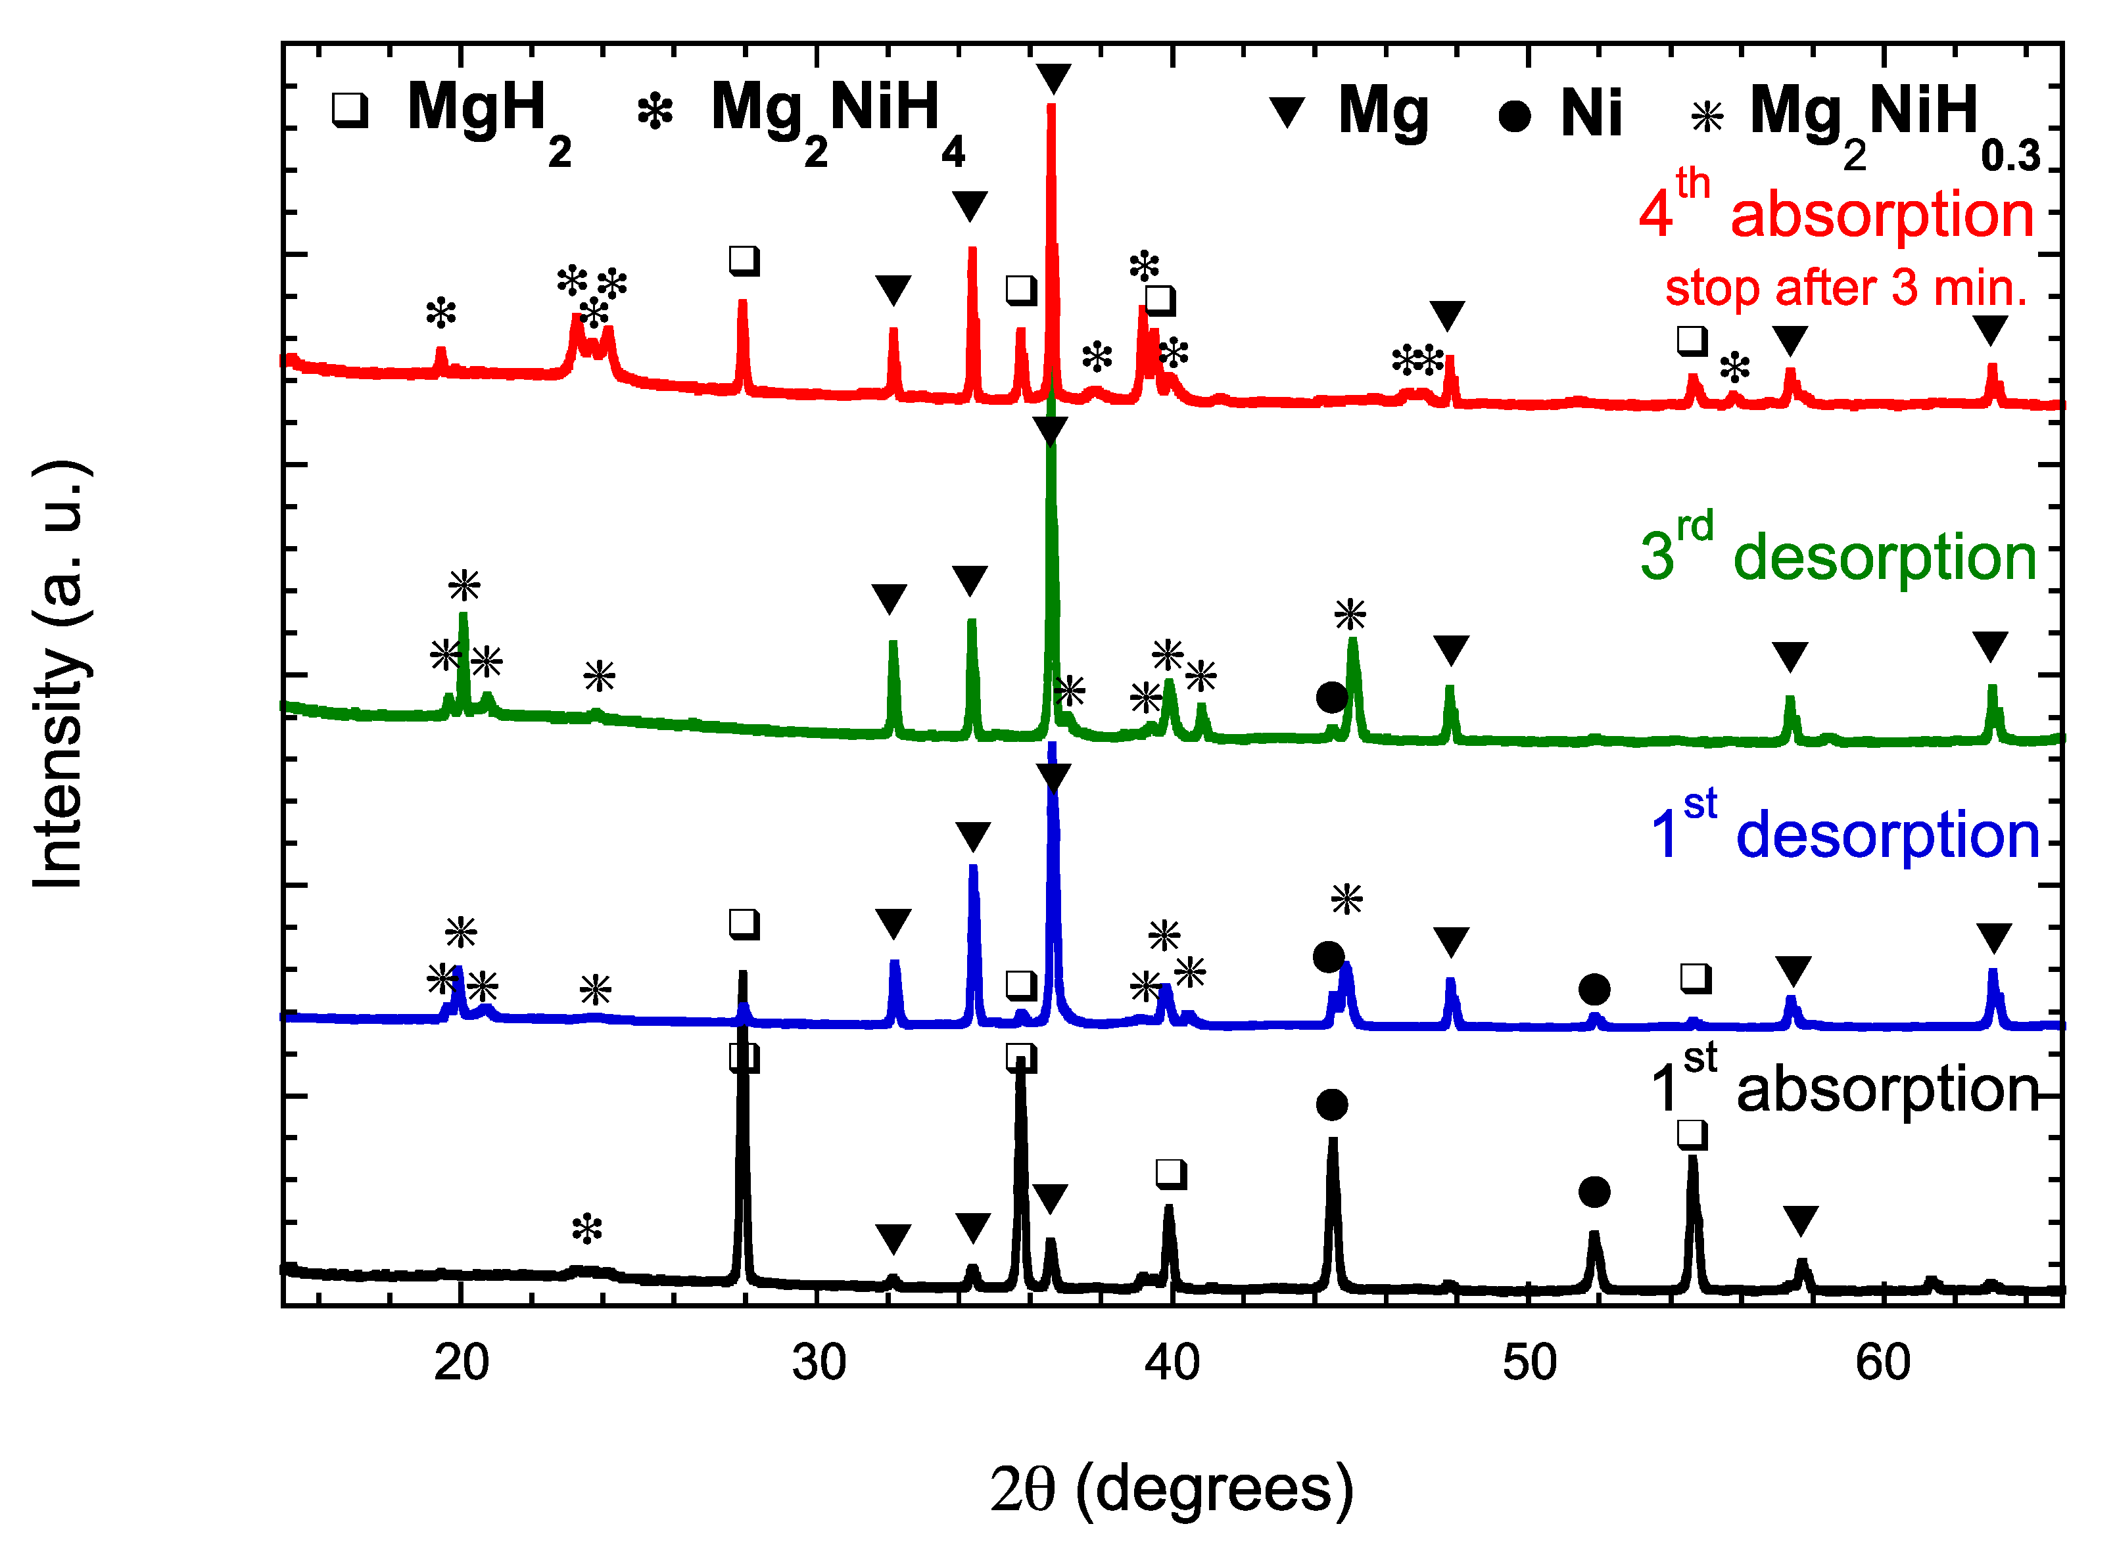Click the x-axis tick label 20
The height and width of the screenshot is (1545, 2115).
tap(461, 1364)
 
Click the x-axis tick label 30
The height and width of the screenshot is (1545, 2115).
tap(819, 1364)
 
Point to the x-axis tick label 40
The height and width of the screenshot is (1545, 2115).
tap(1172, 1364)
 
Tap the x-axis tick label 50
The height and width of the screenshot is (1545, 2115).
tap(1529, 1364)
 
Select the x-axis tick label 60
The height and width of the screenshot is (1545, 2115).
tap(1883, 1364)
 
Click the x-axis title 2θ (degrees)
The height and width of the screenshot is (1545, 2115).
tap(1172, 1489)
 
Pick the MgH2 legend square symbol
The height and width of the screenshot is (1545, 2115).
tap(350, 110)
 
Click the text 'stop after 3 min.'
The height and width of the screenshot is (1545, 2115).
tap(1845, 288)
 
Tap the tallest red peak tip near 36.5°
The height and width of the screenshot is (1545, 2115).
tap(1051, 108)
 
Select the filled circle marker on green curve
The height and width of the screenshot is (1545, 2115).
tap(1331, 697)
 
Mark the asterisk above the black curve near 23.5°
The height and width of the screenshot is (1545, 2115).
tap(588, 1229)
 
